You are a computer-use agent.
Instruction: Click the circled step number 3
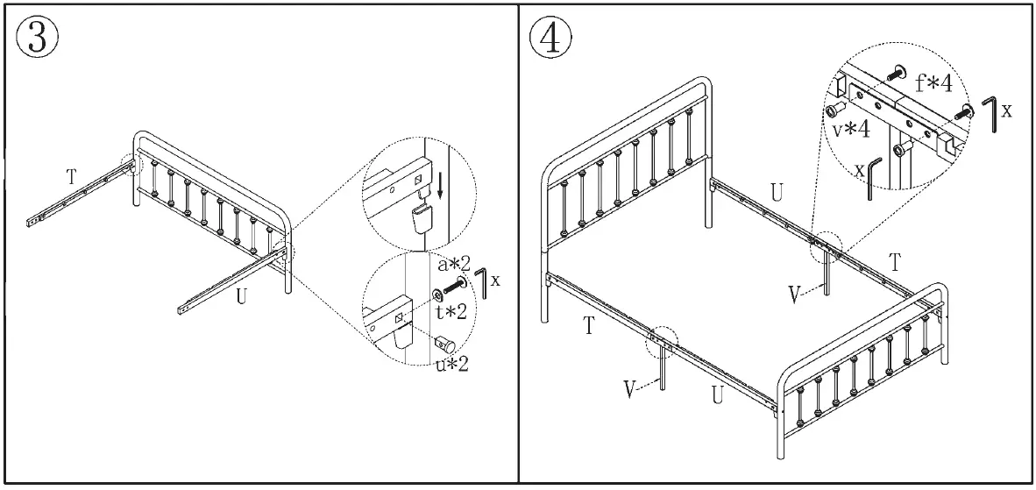pos(38,37)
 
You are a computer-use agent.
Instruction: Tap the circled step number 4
pos(550,37)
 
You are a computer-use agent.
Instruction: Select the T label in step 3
pos(71,175)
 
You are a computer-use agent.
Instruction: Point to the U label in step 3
pos(241,296)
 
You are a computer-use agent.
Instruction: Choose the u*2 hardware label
pos(451,362)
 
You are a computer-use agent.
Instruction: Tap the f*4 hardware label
pos(934,83)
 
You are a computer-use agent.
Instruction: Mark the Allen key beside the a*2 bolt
pos(480,284)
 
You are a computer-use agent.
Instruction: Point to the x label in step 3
pos(496,281)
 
